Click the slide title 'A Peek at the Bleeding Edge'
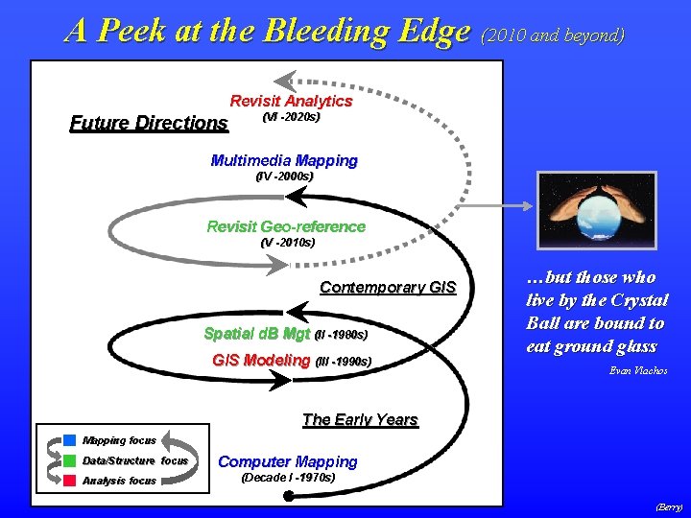[x=269, y=31]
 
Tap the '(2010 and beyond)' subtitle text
[x=554, y=35]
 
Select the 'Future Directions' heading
[x=149, y=123]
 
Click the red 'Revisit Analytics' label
[x=291, y=101]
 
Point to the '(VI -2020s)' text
[x=291, y=117]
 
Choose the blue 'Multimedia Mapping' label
[x=283, y=160]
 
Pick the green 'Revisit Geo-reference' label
[x=286, y=226]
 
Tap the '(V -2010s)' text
[x=287, y=243]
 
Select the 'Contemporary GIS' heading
[x=388, y=288]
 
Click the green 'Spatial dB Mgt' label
[x=257, y=334]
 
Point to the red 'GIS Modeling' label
[x=261, y=361]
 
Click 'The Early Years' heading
[x=360, y=419]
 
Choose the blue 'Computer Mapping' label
[x=288, y=461]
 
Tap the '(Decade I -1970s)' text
[x=288, y=477]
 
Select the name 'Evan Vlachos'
[x=638, y=370]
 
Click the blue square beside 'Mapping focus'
[x=70, y=440]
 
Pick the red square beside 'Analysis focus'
[x=70, y=480]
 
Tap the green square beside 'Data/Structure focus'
[x=70, y=460]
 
